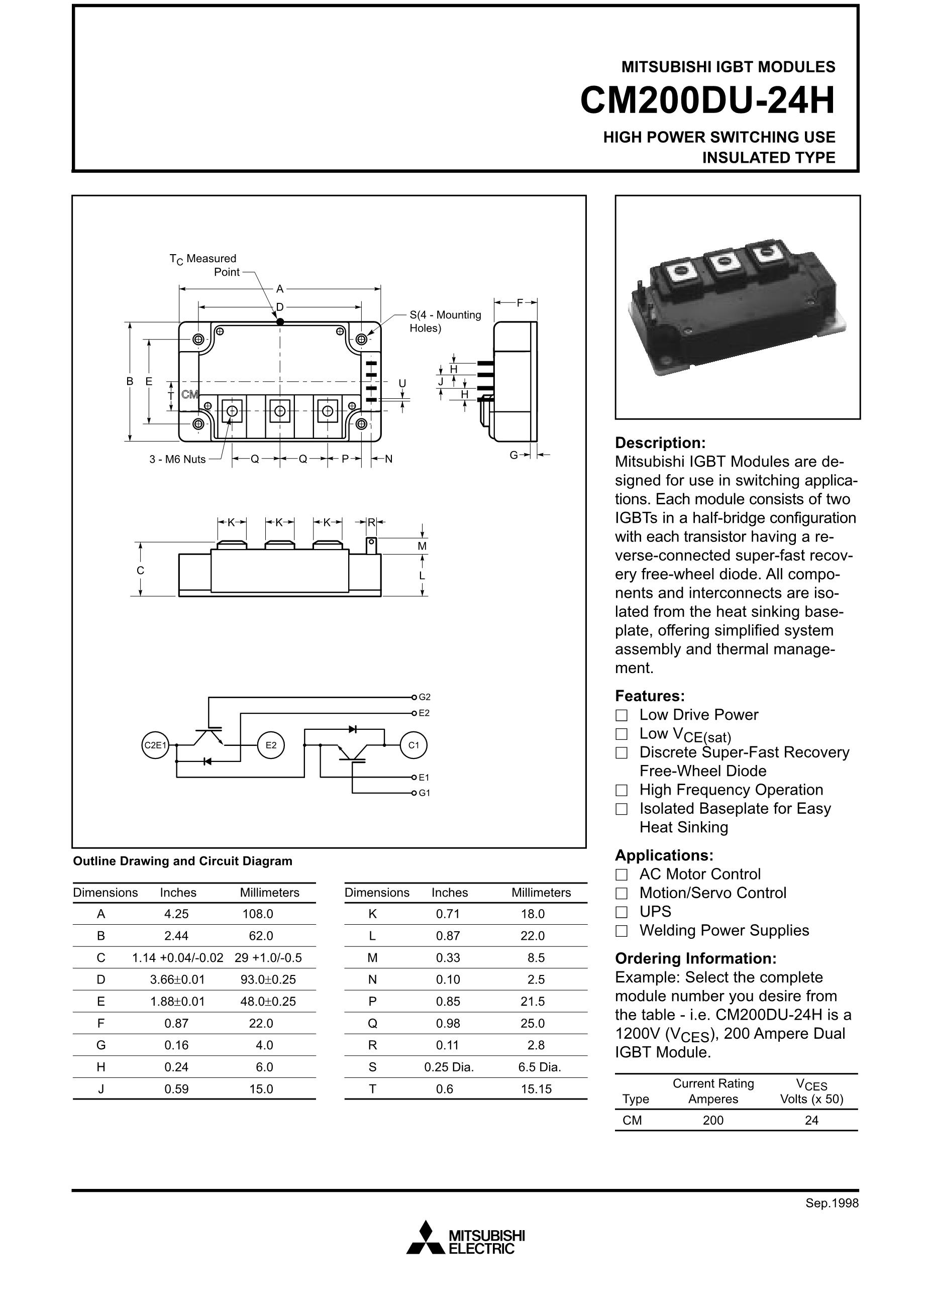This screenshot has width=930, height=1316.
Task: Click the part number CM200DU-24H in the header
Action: [707, 101]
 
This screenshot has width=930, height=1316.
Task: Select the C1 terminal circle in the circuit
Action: [414, 745]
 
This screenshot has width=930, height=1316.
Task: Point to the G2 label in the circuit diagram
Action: [424, 697]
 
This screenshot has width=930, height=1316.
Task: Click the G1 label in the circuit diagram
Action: [424, 793]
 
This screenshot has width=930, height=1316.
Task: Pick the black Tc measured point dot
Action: [280, 321]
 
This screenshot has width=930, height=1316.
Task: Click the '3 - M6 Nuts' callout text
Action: [178, 459]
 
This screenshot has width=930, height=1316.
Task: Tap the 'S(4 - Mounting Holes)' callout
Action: [446, 321]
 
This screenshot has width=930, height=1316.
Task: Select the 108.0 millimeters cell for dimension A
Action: [258, 914]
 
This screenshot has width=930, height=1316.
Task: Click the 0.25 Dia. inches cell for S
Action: [449, 1067]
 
